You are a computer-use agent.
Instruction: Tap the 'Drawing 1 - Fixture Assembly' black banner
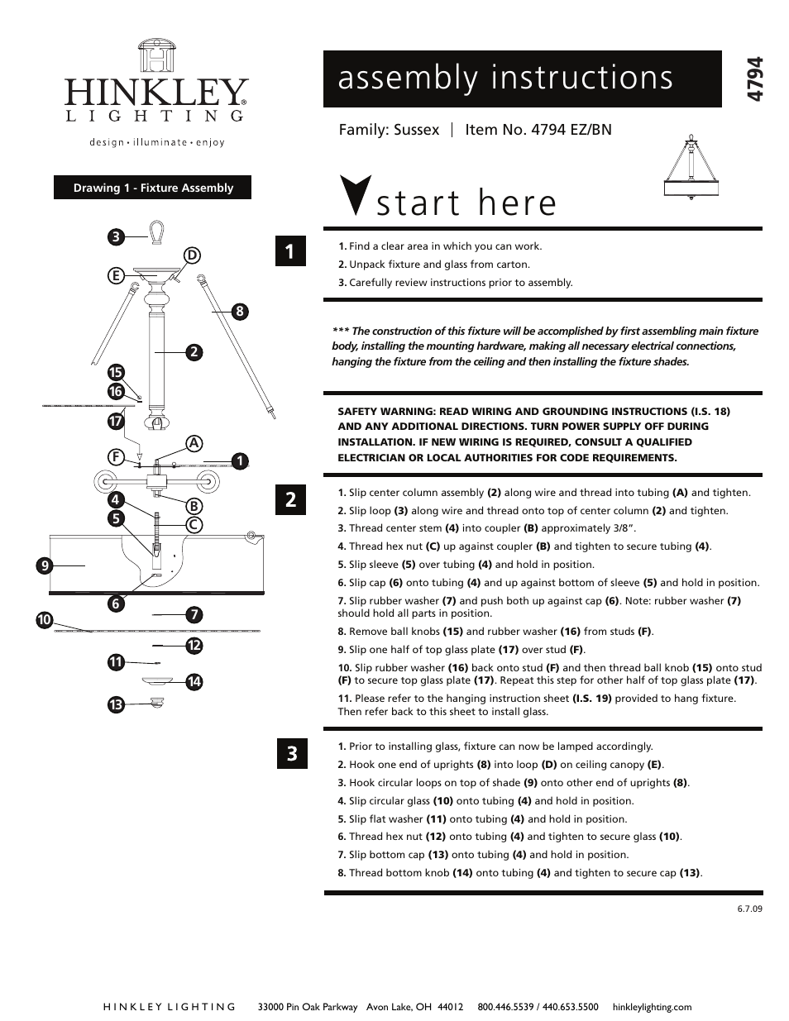click(x=153, y=188)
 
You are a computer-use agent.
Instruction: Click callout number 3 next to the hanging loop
click(x=116, y=237)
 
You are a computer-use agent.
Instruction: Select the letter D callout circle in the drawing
click(x=192, y=255)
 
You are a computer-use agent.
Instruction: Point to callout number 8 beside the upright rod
click(x=239, y=312)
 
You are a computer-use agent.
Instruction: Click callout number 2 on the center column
click(x=194, y=352)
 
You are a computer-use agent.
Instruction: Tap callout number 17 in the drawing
click(x=116, y=421)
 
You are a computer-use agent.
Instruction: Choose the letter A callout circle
click(x=194, y=443)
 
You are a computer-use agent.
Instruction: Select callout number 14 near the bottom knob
click(x=194, y=682)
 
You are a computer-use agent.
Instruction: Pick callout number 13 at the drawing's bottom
click(x=116, y=705)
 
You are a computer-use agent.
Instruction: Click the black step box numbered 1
click(x=290, y=251)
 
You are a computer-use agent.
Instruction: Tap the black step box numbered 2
click(x=290, y=500)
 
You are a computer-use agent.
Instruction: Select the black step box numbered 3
click(x=290, y=754)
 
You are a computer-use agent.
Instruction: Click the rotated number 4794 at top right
click(x=753, y=79)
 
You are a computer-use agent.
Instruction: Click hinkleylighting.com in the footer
click(x=652, y=1007)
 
